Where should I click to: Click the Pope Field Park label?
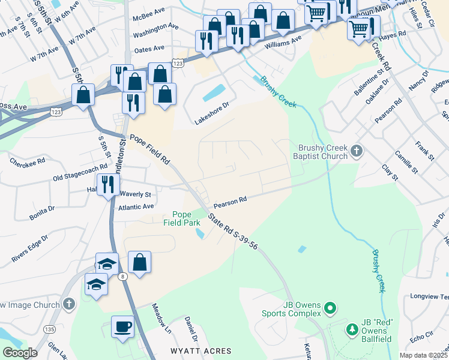[182, 218]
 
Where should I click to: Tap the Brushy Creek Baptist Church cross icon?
[356, 150]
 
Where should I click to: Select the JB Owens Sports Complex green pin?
[329, 309]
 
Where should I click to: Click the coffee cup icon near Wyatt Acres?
[123, 326]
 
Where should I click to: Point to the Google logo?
[20, 353]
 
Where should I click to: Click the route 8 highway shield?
[122, 276]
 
